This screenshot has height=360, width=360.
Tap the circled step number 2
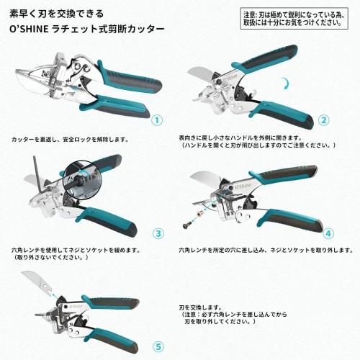[x=323, y=121]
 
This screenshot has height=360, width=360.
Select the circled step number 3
[x=158, y=233]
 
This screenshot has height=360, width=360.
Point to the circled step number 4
[x=328, y=233]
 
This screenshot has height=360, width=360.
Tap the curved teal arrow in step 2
[x=286, y=85]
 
